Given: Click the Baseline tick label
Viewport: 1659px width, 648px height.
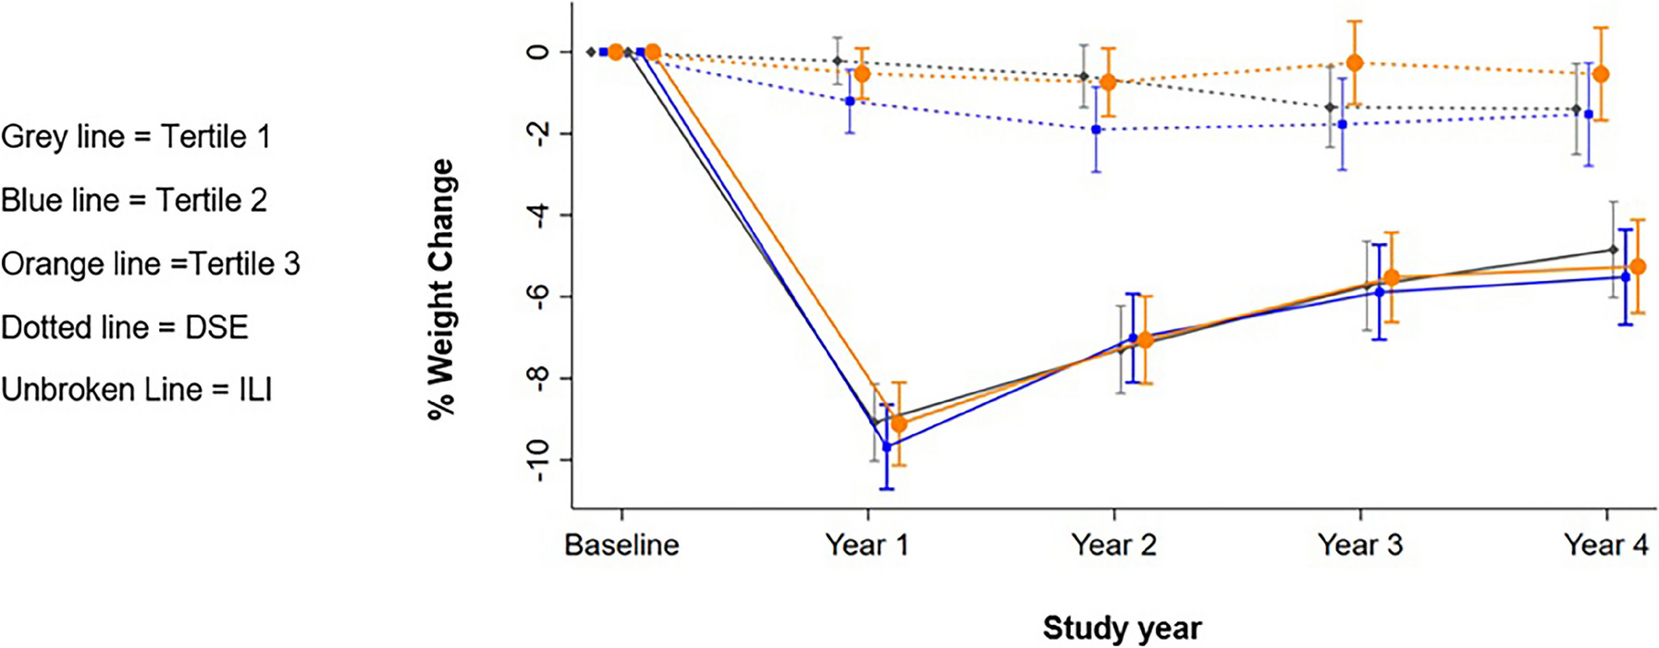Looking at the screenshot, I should click(621, 545).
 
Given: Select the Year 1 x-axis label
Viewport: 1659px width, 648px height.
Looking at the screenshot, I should click(866, 545).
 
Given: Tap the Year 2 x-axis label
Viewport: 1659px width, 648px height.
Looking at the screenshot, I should click(1113, 545).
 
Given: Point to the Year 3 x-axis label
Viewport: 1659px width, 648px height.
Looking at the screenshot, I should click(1359, 545).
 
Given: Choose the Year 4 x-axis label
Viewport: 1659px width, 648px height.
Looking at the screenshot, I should click(1605, 545).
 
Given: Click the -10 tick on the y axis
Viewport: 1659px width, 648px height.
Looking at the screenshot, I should click(537, 459).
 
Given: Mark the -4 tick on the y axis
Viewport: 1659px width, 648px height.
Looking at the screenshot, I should click(537, 215).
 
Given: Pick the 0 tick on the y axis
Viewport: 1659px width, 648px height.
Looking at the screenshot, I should click(537, 53).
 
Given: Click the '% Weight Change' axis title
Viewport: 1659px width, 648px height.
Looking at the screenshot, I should click(442, 289).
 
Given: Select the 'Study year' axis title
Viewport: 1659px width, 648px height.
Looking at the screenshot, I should click(1122, 629).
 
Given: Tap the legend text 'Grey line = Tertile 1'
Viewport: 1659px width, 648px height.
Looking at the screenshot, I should click(136, 137).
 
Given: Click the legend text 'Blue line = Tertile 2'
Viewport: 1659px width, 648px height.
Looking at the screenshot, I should click(134, 201).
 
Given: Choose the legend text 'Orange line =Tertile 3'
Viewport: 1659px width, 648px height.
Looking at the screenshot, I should click(151, 264).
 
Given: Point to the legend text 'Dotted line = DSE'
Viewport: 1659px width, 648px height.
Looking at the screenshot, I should click(125, 327).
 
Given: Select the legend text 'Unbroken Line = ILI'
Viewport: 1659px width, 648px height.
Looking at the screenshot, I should click(137, 390).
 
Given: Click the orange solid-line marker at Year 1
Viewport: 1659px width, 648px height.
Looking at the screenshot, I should click(898, 424).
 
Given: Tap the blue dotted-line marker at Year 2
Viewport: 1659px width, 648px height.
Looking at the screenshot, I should click(1096, 129).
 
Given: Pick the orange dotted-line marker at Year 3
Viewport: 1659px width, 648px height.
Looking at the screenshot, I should click(1355, 63).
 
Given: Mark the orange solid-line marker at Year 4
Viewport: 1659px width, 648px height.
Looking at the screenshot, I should click(1638, 267).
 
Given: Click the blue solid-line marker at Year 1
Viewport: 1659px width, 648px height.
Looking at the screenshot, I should click(887, 446).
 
